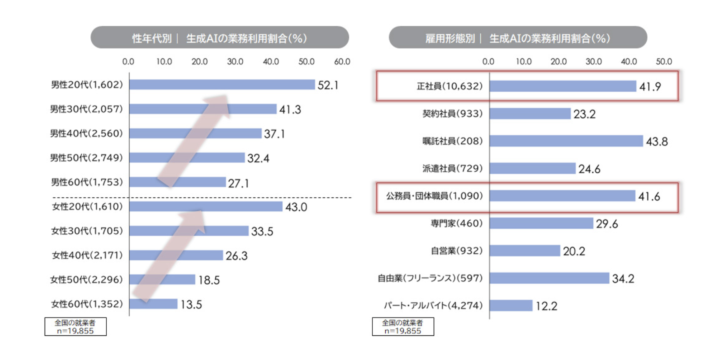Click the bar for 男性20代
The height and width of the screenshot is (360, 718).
(x=222, y=85)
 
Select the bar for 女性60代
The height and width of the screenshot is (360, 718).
(x=153, y=304)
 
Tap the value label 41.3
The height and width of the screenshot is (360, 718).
(x=290, y=110)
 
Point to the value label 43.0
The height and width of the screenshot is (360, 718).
(x=296, y=207)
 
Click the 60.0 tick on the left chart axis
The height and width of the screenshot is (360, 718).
(x=342, y=62)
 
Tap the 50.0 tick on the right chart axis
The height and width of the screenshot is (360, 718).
(x=664, y=62)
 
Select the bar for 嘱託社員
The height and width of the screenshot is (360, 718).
(x=566, y=141)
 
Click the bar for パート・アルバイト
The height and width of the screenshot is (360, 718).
(x=511, y=305)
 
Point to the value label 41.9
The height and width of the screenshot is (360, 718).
(x=650, y=87)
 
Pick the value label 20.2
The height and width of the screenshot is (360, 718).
(x=574, y=251)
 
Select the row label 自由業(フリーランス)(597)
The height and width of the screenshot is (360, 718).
(x=430, y=278)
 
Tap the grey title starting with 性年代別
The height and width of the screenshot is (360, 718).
(x=220, y=38)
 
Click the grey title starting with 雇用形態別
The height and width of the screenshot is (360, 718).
(x=518, y=38)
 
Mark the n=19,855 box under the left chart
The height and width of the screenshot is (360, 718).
(x=75, y=327)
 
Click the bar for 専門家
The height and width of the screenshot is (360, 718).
(x=541, y=223)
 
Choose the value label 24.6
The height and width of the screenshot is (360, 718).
(x=589, y=169)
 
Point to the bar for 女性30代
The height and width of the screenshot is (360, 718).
(x=189, y=231)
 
